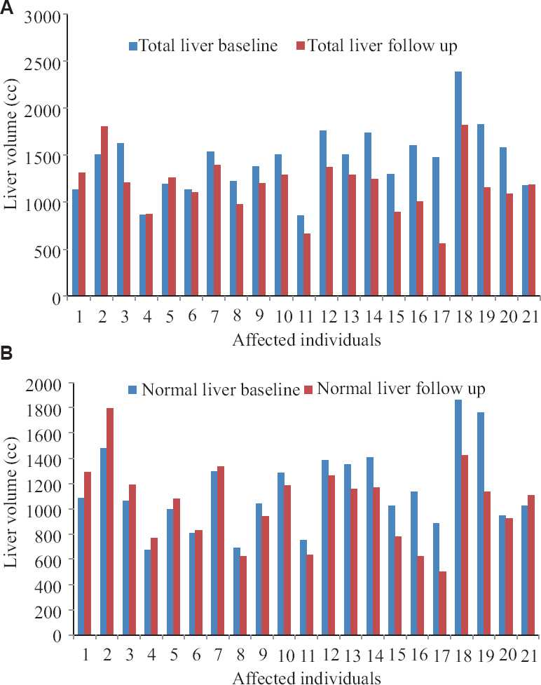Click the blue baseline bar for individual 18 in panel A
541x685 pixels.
[458, 184]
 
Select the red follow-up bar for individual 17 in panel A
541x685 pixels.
[441, 270]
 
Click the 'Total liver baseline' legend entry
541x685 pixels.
[203, 46]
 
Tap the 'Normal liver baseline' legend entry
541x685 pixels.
[214, 390]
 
